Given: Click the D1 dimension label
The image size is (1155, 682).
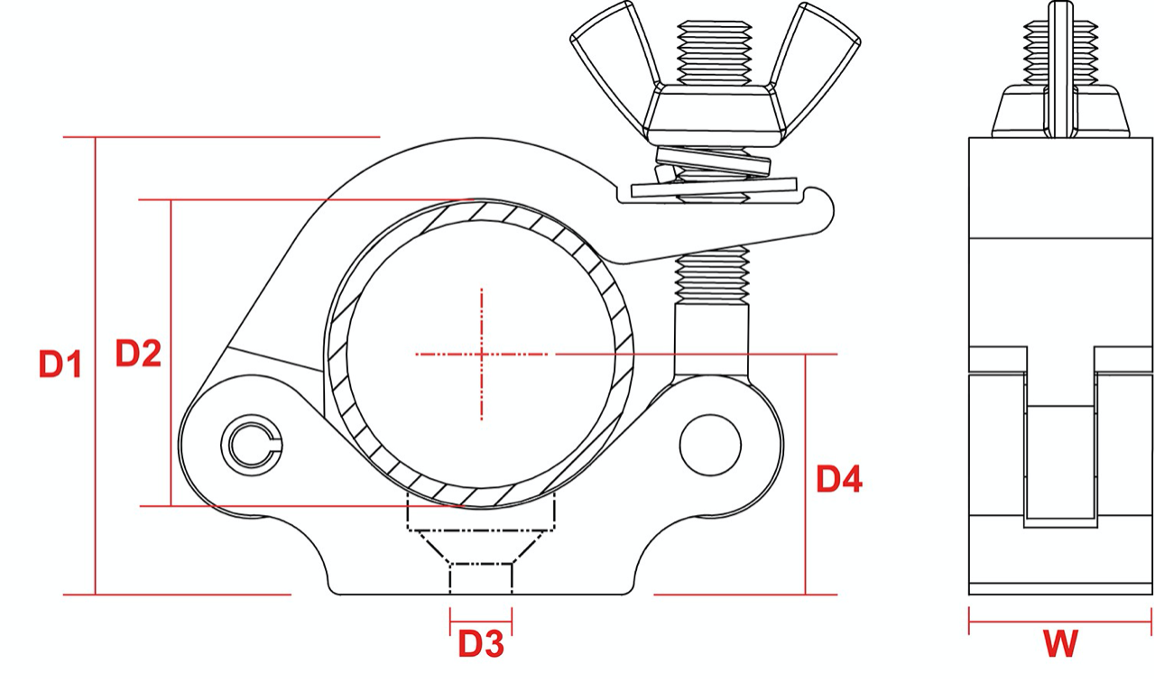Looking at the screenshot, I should (60, 364).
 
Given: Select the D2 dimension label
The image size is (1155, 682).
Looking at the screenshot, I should (138, 354).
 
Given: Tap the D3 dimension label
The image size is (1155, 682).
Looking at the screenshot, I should (480, 644).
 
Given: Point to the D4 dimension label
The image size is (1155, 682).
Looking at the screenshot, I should (839, 479).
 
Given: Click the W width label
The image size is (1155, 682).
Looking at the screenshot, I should (1060, 644).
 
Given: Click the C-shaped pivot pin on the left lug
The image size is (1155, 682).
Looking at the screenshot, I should (252, 444).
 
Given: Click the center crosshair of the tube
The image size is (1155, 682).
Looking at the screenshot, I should (482, 354).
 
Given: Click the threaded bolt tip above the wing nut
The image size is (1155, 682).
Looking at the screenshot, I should (713, 50).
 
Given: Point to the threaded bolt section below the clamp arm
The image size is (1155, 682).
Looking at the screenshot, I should (712, 275).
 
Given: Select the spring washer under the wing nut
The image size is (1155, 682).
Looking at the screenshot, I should (713, 163).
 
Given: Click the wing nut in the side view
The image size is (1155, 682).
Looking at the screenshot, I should (1060, 104).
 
